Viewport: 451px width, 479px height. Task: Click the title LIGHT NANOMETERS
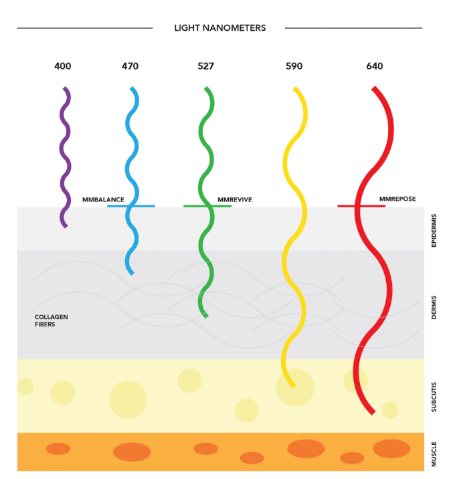tap(219, 28)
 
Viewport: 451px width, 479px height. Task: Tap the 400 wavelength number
tap(63, 66)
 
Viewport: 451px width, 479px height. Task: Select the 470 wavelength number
tap(130, 66)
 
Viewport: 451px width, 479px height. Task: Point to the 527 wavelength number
tap(206, 66)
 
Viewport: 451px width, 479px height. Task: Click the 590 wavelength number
tap(294, 66)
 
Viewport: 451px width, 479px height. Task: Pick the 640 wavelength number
tap(375, 66)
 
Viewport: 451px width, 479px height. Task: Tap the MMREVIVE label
tap(235, 199)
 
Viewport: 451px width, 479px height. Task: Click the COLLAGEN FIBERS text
tap(52, 320)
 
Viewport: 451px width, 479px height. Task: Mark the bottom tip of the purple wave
tap(66, 226)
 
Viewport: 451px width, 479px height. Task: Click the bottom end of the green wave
tap(205, 316)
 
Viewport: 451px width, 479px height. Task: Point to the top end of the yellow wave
tap(294, 89)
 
